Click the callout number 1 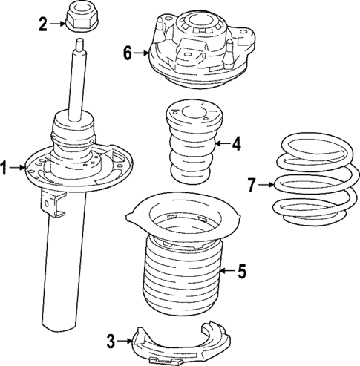[5, 169]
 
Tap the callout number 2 [43, 25]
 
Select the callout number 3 [111, 342]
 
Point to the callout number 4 [236, 144]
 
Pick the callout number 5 [241, 272]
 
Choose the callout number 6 [127, 53]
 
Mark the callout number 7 [251, 185]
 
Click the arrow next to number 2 [58, 25]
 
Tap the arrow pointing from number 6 [141, 53]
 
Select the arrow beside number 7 [266, 185]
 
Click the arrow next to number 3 [125, 342]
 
